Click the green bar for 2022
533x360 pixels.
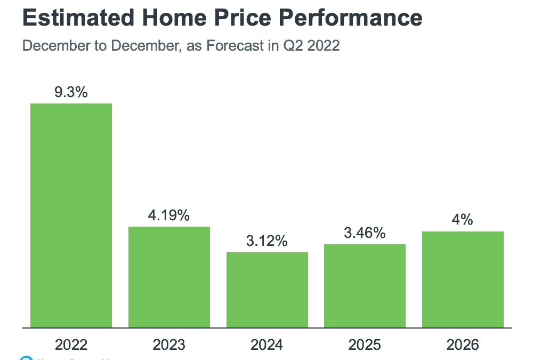[x=71, y=215]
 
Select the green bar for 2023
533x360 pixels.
[x=169, y=277]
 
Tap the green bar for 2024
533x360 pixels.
[x=267, y=290]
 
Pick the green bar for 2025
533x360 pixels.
[x=365, y=285]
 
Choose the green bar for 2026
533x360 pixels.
[x=463, y=279]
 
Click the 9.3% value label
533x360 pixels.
[x=71, y=92]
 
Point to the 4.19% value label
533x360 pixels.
[x=169, y=216]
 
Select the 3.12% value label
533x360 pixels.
[x=267, y=241]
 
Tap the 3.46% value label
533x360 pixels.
[x=365, y=233]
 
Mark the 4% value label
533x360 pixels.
[x=463, y=220]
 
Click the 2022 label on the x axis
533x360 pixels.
[x=71, y=345]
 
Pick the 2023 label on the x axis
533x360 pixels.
[x=169, y=345]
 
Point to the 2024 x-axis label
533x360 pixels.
[x=267, y=345]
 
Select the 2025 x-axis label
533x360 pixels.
[x=365, y=345]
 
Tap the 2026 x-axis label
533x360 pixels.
[x=463, y=345]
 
